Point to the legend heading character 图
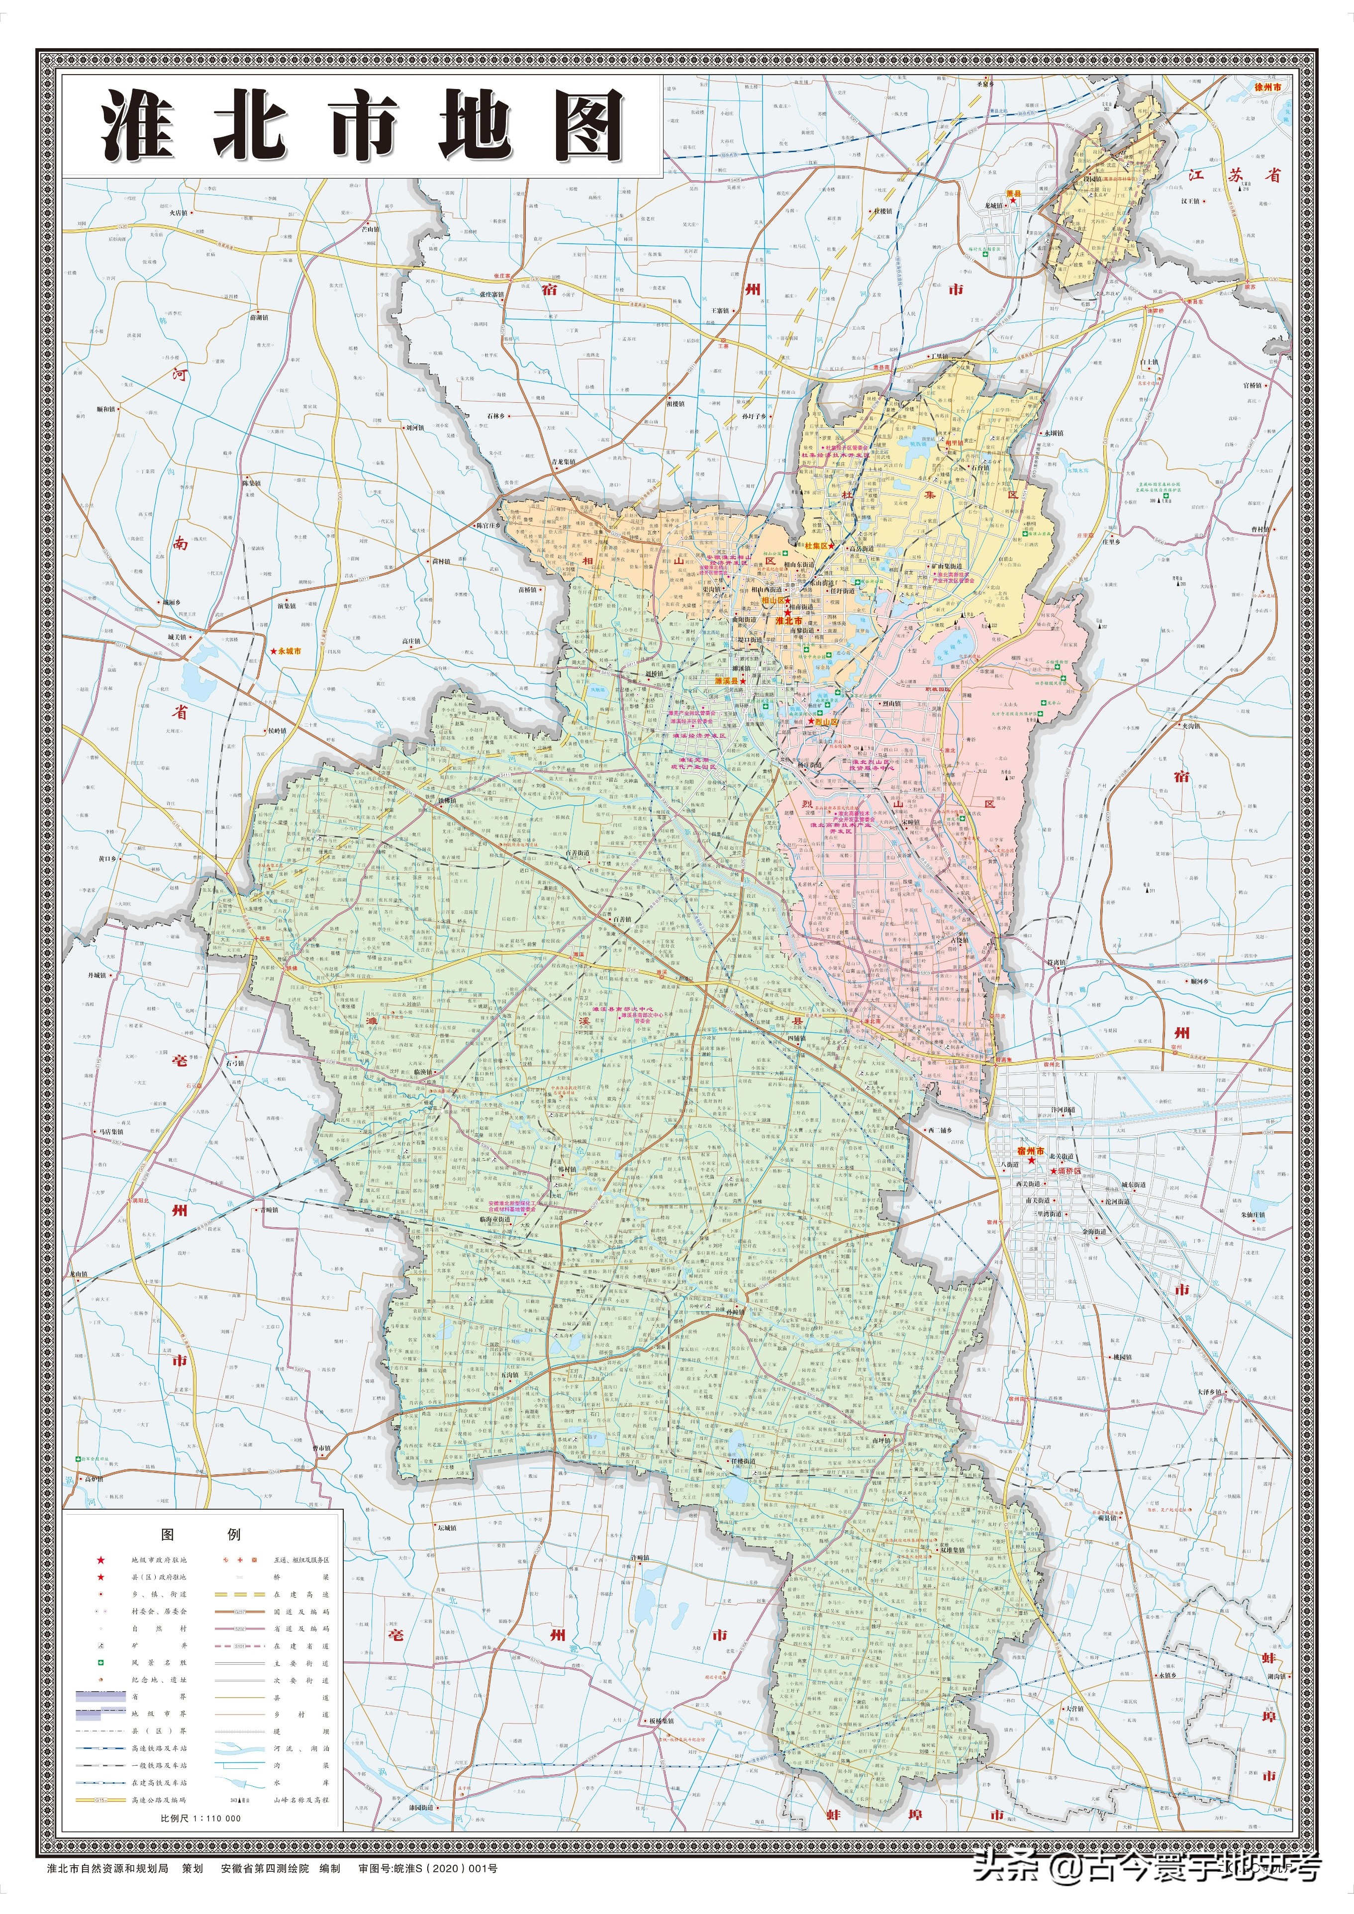pyautogui.click(x=167, y=1534)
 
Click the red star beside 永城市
pyautogui.click(x=273, y=651)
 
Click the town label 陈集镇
pyautogui.click(x=252, y=482)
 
